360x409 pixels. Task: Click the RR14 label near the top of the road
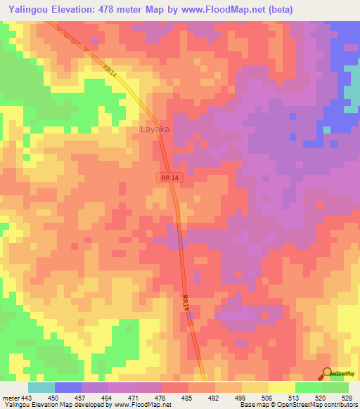pos(109,71)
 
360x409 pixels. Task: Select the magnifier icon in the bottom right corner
pos(326,373)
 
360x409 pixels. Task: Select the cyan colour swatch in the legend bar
pos(41,387)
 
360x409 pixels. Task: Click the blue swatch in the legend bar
pos(68,387)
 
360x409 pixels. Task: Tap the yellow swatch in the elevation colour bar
pos(282,387)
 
